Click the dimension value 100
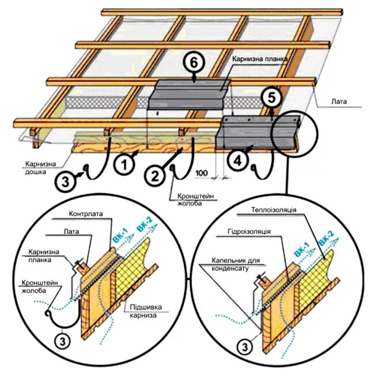[x=201, y=173]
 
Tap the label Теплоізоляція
[x=274, y=210]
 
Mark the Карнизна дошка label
[x=40, y=167]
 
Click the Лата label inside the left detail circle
[x=69, y=231]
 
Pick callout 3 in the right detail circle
[x=245, y=346]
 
